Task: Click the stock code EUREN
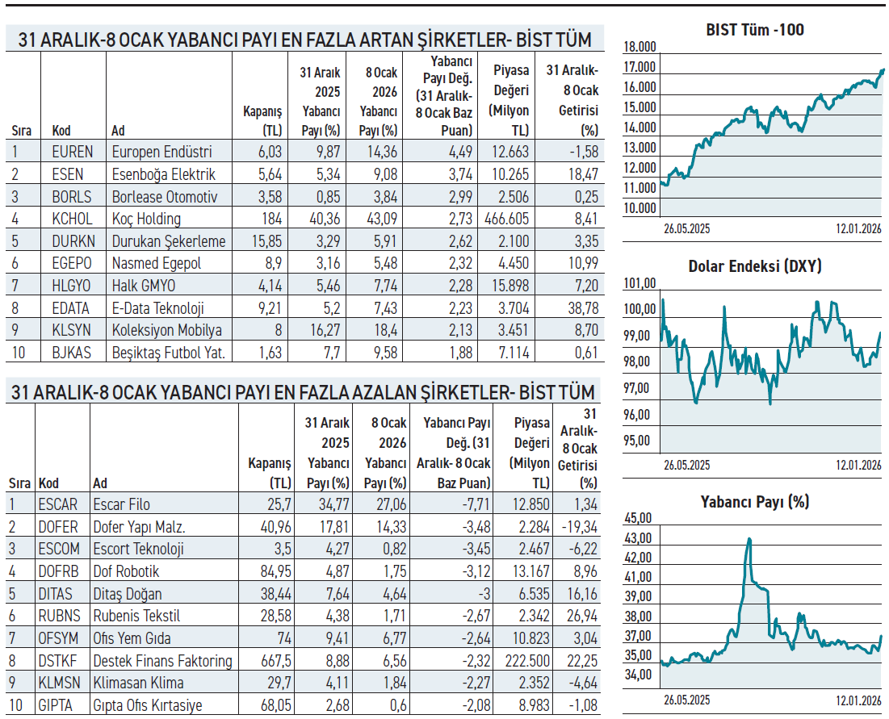(73, 152)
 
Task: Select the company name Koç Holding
(146, 219)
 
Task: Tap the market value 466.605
(508, 219)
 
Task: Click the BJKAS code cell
(71, 353)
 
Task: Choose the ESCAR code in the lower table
(58, 504)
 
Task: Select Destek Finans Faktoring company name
(162, 661)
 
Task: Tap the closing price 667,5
(272, 661)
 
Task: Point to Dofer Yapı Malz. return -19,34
(578, 527)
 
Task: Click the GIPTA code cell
(56, 705)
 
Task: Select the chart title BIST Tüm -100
(754, 30)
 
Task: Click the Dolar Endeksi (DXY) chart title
(754, 265)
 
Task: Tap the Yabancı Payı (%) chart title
(754, 501)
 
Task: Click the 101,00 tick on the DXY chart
(640, 283)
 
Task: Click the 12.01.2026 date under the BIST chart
(858, 228)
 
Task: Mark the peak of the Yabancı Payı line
(749, 538)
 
